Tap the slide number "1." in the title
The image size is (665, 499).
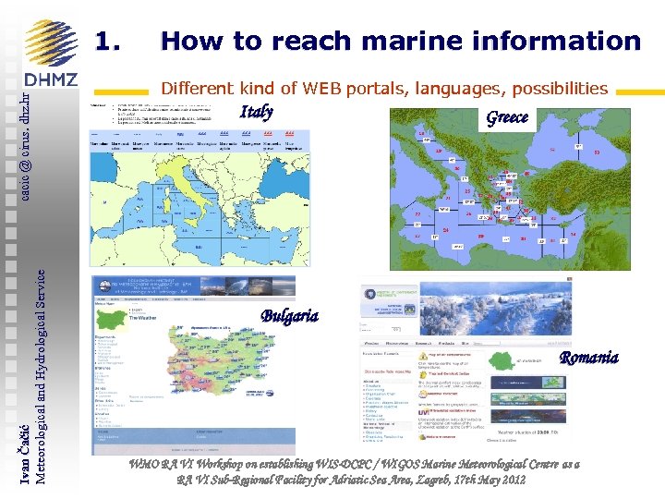[108, 42]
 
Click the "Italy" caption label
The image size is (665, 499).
[256, 113]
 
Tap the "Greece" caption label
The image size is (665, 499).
[507, 116]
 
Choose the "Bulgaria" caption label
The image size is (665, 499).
[289, 316]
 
